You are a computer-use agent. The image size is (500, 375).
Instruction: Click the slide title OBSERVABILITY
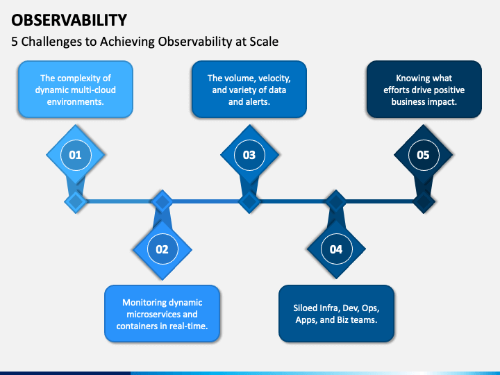pos(69,19)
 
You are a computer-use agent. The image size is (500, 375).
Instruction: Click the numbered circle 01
pos(75,155)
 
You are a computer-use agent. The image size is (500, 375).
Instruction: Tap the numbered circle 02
pos(162,249)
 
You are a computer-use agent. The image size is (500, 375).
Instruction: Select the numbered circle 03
pos(249,155)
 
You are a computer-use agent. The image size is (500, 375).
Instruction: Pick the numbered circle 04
pos(336,249)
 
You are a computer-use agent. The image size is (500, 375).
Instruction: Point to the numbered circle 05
pos(423,155)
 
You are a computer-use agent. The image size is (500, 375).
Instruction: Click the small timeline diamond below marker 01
pos(75,202)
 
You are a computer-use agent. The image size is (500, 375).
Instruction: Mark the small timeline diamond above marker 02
pos(162,202)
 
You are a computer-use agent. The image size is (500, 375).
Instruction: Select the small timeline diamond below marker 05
pos(423,202)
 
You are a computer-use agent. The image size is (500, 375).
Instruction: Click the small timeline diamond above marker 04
pos(336,202)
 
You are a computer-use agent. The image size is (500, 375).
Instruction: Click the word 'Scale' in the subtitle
pos(263,42)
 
